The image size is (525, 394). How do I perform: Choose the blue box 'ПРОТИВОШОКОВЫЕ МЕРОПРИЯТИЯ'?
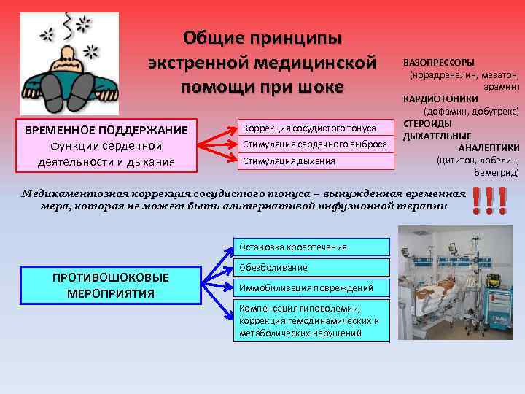[x=111, y=285]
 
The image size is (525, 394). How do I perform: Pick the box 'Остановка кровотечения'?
[x=312, y=247]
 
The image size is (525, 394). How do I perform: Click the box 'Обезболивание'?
[x=312, y=267]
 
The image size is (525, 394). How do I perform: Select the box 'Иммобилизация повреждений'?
[x=312, y=287]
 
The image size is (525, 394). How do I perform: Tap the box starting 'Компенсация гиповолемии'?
[x=312, y=320]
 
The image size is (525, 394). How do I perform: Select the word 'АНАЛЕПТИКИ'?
[x=489, y=148]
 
